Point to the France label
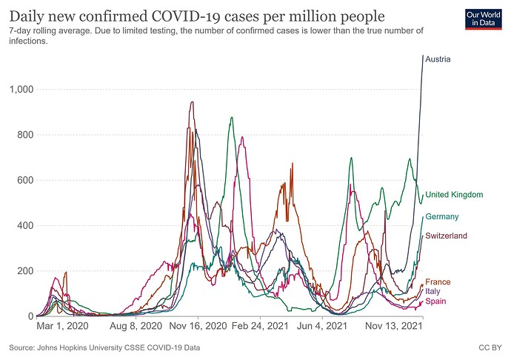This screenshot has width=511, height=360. click(x=438, y=282)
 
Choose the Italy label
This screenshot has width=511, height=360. click(x=432, y=292)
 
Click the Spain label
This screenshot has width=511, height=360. click(x=435, y=301)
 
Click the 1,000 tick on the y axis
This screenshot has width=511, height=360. click(x=21, y=90)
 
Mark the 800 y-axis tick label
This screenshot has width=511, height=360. click(x=24, y=135)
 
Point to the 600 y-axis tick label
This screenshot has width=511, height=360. click(x=24, y=180)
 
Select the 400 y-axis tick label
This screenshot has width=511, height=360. click(x=24, y=225)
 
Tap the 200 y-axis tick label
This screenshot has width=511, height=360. click(x=24, y=271)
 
